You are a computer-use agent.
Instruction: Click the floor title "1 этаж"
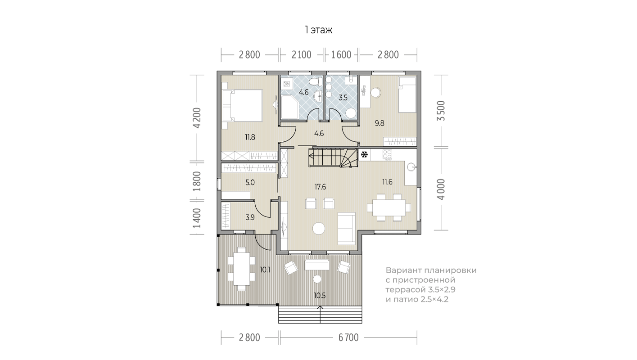pyautogui.click(x=319, y=30)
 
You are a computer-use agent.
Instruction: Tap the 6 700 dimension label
pyautogui.click(x=348, y=337)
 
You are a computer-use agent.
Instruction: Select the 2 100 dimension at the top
pyautogui.click(x=302, y=54)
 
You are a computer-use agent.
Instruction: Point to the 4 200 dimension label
pyautogui.click(x=197, y=118)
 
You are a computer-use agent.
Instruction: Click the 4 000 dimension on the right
pyautogui.click(x=441, y=189)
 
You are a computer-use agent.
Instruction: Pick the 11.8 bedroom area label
pyautogui.click(x=250, y=137)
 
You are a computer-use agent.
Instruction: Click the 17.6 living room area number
pyautogui.click(x=320, y=187)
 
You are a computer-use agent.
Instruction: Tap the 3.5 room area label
pyautogui.click(x=343, y=98)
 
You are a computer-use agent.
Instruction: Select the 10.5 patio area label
pyautogui.click(x=320, y=296)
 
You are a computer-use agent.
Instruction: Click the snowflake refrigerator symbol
pyautogui.click(x=364, y=155)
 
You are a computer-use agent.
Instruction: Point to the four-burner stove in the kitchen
pyautogui.click(x=387, y=154)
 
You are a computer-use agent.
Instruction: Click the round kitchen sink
pyautogui.click(x=411, y=166)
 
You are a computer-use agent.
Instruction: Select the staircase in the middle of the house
pyautogui.click(x=333, y=158)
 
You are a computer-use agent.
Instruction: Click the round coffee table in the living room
pyautogui.click(x=319, y=228)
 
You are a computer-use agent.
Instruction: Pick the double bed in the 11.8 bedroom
pyautogui.click(x=242, y=105)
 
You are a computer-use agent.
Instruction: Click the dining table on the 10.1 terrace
pyautogui.click(x=242, y=269)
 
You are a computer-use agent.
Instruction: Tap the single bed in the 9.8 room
pyautogui.click(x=407, y=95)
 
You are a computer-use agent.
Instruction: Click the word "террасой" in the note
pyautogui.click(x=405, y=290)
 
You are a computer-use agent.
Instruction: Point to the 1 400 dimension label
pyautogui.click(x=197, y=218)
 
